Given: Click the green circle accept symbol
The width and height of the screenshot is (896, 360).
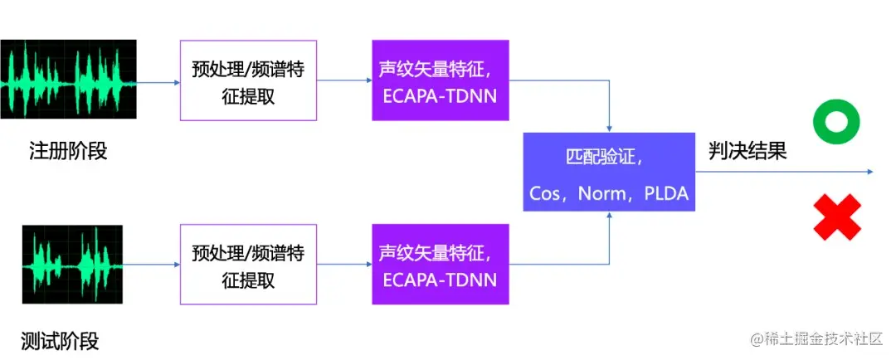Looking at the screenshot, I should click(836, 124).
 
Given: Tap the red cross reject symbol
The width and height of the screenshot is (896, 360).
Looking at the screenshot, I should click(836, 216).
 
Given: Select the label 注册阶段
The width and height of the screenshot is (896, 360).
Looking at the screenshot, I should click(68, 152).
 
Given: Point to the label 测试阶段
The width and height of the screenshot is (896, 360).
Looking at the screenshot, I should click(60, 340).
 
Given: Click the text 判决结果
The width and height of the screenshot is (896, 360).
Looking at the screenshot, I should click(747, 152).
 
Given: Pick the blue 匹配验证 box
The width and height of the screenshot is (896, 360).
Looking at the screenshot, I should click(609, 172).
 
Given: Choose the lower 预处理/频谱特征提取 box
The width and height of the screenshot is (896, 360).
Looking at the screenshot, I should click(248, 265).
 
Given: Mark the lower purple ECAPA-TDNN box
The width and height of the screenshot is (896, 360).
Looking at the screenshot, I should click(440, 265).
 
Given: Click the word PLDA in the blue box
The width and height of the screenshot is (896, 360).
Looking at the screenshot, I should click(665, 193).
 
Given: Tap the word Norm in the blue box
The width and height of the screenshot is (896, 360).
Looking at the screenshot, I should click(601, 193).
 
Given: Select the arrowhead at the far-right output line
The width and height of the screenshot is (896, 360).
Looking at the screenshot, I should click(870, 172).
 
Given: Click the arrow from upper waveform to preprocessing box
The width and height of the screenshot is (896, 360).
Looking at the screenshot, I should click(158, 82).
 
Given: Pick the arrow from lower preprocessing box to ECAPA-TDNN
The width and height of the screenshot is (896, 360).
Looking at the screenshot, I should click(344, 265).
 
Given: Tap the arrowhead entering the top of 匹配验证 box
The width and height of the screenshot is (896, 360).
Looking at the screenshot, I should click(610, 128).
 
